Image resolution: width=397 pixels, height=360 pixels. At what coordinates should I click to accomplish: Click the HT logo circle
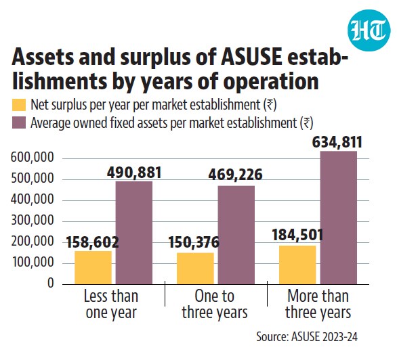point(369,30)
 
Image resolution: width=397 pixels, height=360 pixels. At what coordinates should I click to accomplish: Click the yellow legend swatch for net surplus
point(19,105)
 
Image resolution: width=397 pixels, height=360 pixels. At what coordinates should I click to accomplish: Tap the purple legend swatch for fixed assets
point(19,122)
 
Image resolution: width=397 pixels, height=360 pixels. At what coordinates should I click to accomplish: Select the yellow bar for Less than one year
point(93,267)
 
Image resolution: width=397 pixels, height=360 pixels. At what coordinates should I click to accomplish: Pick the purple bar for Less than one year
point(134,233)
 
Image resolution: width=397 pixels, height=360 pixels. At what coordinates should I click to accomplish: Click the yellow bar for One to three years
point(196,269)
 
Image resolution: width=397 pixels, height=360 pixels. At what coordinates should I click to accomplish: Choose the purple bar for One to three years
point(236,235)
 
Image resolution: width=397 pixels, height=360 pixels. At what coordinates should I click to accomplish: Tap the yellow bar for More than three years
point(298,265)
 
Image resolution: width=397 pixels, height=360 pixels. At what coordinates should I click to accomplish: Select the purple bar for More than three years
point(339,218)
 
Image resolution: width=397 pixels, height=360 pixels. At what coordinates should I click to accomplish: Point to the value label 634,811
point(337,142)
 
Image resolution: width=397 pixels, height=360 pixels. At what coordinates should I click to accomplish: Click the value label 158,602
point(92,242)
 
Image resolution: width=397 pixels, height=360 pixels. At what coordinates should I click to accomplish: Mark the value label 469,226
point(235,175)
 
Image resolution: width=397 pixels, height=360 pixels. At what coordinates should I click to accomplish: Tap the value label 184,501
point(297,235)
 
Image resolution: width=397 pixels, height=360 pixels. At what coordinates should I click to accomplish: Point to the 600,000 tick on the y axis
point(33,158)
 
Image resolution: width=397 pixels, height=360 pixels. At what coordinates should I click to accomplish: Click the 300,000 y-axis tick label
point(33,221)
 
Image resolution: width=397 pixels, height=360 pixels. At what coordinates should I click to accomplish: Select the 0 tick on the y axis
point(51,283)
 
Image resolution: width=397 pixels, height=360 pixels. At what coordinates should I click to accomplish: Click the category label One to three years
point(215,304)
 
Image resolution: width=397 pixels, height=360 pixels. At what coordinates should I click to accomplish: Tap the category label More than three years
point(318,304)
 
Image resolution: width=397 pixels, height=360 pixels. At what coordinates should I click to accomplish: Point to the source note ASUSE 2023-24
point(324,337)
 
